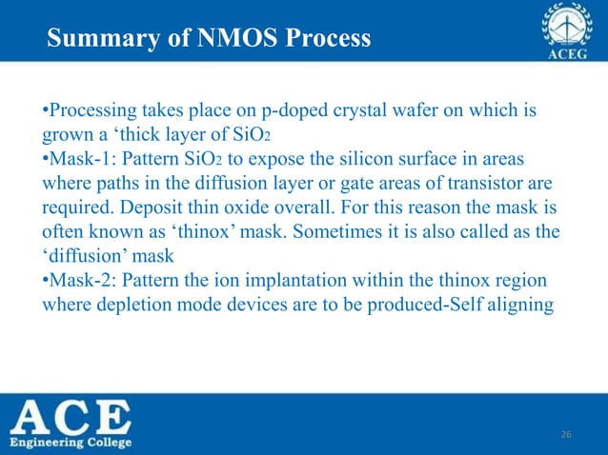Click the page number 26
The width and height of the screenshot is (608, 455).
click(565, 434)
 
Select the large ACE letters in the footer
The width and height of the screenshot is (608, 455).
click(71, 415)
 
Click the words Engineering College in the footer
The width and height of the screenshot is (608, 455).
click(71, 442)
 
